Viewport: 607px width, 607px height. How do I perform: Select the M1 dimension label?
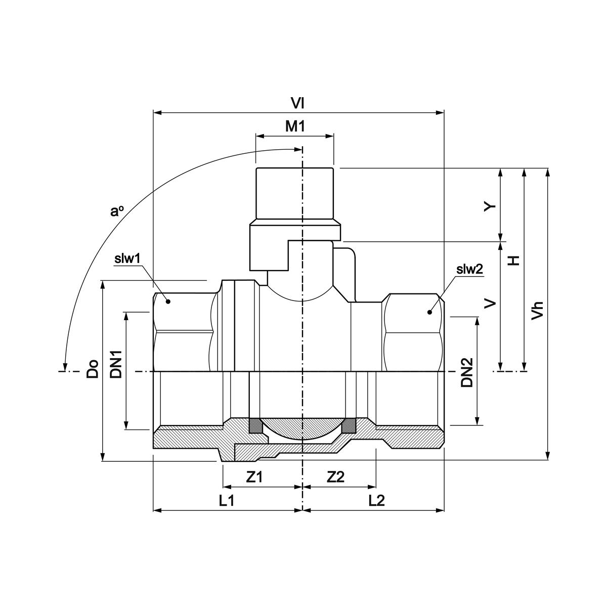click(295, 126)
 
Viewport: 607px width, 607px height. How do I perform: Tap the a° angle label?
click(117, 211)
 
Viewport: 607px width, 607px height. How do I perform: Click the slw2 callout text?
click(470, 270)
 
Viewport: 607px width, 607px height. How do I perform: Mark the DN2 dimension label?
click(466, 373)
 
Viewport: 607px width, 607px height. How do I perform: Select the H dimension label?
click(514, 260)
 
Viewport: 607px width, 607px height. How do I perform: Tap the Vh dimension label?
click(538, 310)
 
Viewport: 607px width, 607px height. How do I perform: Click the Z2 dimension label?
click(335, 477)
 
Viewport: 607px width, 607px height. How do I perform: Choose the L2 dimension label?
click(377, 501)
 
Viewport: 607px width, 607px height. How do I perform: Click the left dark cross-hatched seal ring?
click(256, 426)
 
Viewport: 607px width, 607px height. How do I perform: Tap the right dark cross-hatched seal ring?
click(348, 426)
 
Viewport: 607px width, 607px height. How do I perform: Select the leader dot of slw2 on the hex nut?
click(429, 312)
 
